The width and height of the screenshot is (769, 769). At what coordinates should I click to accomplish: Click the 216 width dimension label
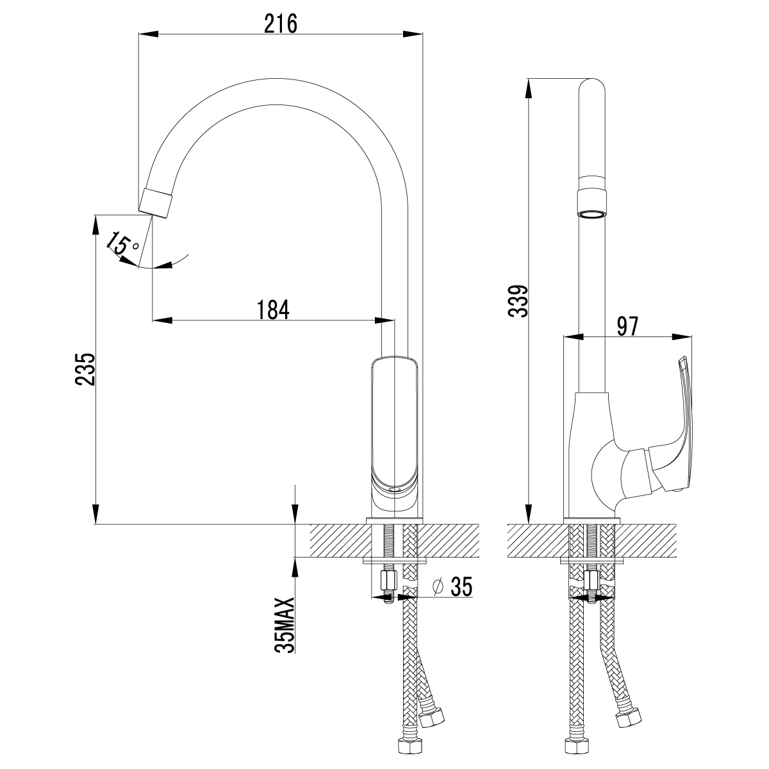coord(281,24)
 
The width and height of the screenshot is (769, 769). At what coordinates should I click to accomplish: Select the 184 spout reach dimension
coord(274,309)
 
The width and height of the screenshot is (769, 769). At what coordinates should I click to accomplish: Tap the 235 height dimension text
coord(85,368)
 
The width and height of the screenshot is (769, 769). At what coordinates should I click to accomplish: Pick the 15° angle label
coord(122,244)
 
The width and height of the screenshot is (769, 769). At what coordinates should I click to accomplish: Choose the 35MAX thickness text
coord(285,625)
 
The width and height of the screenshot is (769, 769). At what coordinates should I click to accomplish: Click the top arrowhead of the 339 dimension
coord(529,87)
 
